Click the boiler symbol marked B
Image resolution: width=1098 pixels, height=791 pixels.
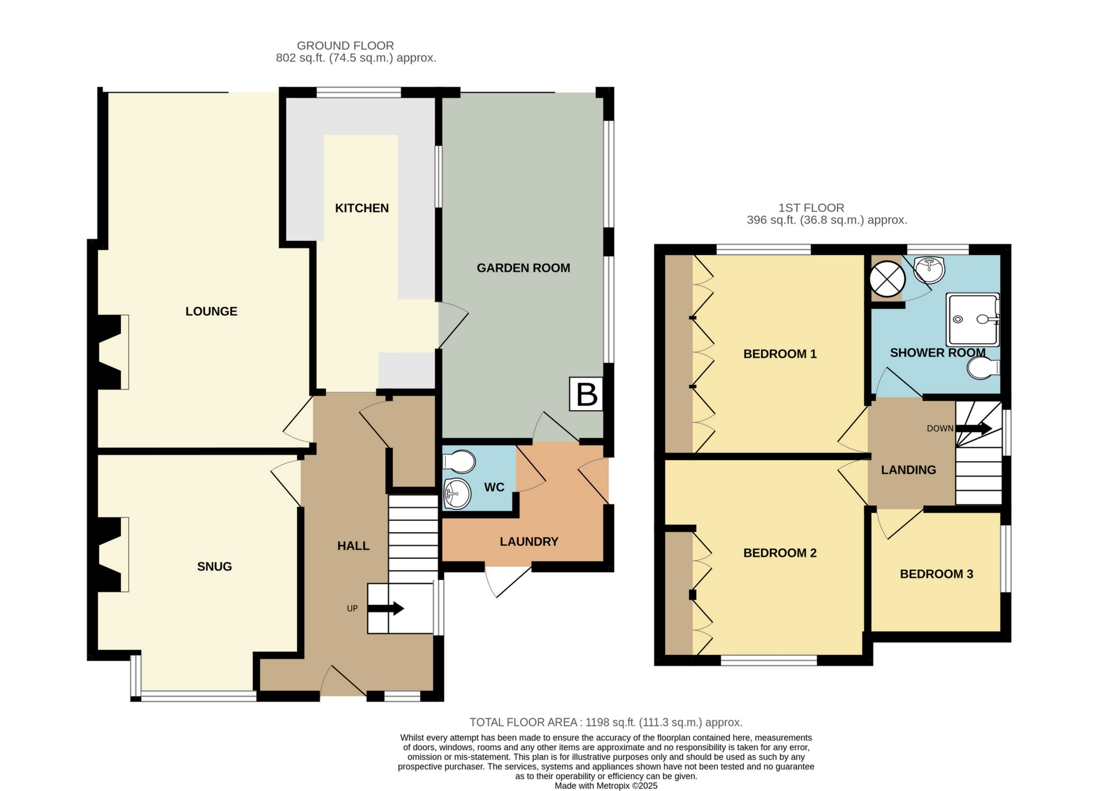coord(586,394)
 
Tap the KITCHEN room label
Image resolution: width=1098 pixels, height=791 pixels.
coord(362,208)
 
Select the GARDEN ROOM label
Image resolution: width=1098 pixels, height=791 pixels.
coord(523,268)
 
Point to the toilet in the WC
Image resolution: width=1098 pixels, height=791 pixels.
coord(459,462)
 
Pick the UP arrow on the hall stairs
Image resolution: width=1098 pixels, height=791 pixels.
coord(386,608)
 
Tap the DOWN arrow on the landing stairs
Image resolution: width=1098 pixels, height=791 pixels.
coord(974,428)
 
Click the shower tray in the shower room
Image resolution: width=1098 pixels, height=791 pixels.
coord(973,320)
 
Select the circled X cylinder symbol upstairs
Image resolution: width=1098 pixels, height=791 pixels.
coord(887,279)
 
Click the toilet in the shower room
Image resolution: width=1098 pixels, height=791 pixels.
coord(984,368)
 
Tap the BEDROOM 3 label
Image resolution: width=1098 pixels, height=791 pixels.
coord(936,574)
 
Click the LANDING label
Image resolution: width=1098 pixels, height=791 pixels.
coord(908,470)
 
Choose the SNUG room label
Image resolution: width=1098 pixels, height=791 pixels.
coord(215,567)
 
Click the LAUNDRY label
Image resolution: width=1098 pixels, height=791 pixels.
coord(529,541)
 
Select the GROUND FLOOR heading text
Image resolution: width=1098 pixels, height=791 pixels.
coord(345,46)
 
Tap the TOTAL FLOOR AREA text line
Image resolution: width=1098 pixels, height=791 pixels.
coord(606,722)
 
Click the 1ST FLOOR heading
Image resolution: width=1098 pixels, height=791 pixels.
coord(811,208)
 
